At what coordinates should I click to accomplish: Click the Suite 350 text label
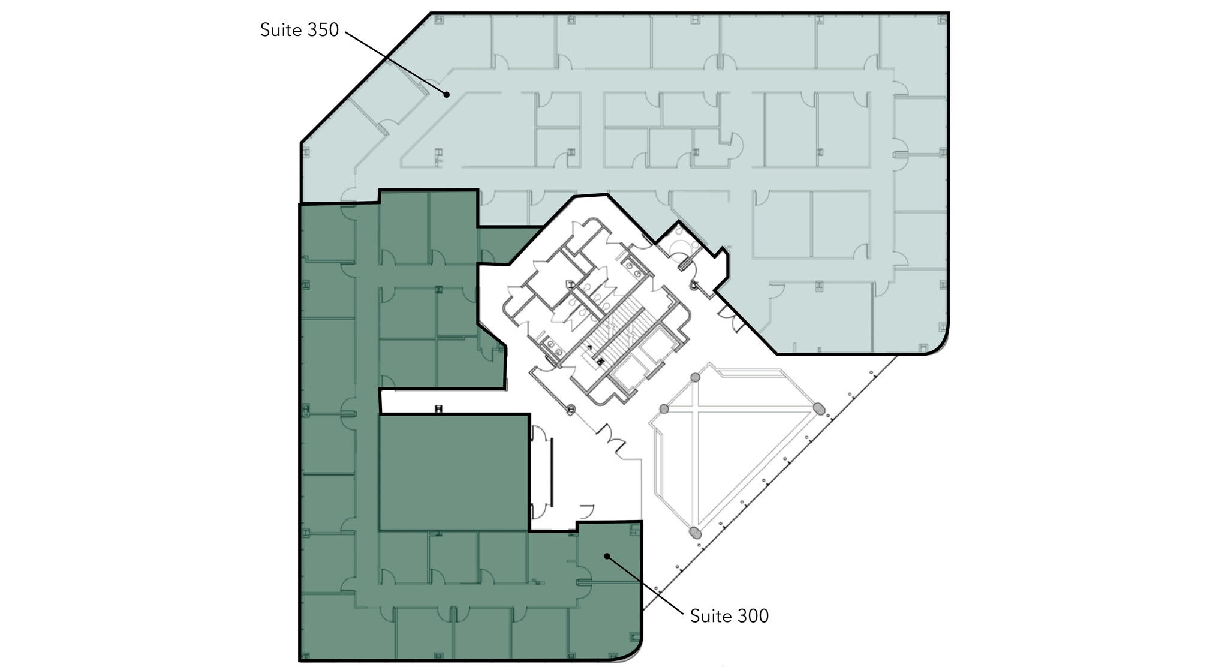tap(299, 30)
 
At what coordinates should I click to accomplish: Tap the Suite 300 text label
tap(729, 616)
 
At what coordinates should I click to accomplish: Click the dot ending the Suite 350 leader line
tap(447, 94)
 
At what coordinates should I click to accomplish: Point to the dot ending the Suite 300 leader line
tap(607, 556)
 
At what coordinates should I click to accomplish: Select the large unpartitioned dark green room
tap(455, 472)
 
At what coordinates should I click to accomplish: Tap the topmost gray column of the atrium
tap(695, 377)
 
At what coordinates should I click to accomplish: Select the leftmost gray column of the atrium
tap(664, 408)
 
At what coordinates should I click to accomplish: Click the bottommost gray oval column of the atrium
tap(694, 533)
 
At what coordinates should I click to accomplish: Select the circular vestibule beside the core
tap(679, 248)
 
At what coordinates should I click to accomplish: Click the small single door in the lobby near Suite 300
tap(586, 511)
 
